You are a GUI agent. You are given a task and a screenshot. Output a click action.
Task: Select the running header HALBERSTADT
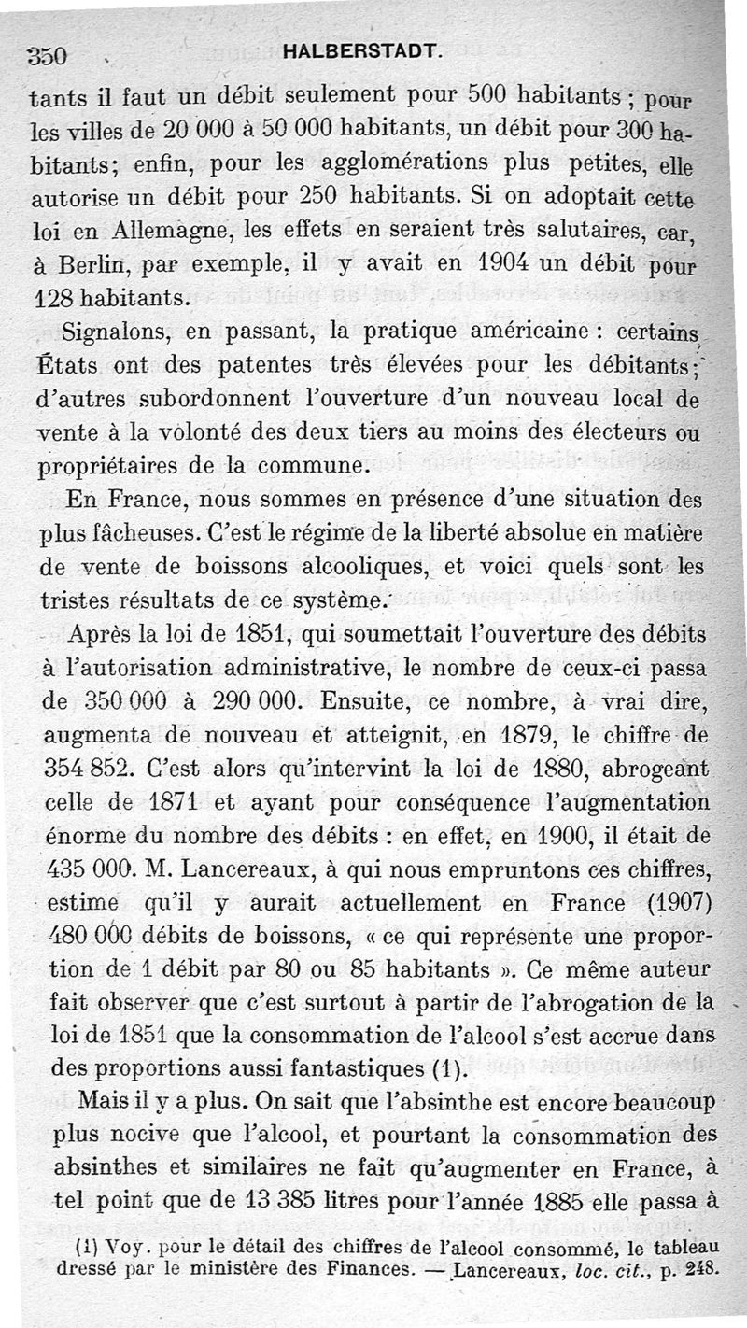click(360, 53)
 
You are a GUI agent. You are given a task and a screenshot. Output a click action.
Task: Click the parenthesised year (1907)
click(663, 904)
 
